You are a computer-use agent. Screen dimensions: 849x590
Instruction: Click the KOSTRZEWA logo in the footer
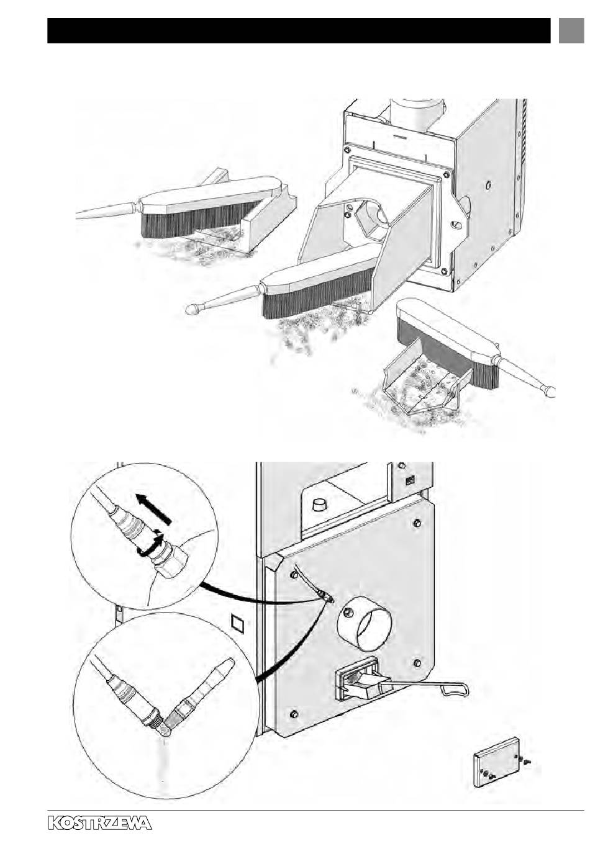point(99,823)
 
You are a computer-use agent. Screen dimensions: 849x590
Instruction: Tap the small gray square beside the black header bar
point(570,30)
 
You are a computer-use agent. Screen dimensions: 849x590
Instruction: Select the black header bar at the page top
point(298,30)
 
